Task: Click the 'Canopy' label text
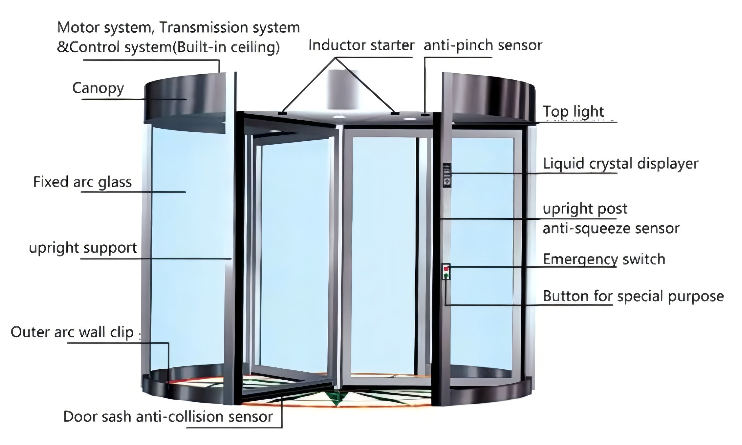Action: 98,88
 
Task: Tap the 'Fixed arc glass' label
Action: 82,182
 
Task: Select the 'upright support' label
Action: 83,248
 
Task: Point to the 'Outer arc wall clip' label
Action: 72,332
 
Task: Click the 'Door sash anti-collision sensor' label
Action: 168,417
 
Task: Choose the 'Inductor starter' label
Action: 361,45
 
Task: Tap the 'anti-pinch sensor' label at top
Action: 483,45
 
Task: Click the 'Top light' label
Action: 573,112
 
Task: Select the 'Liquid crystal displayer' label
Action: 620,164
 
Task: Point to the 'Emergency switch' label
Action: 604,259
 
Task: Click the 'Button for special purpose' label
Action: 633,296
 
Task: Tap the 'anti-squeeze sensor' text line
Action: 611,229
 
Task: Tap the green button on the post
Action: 446,275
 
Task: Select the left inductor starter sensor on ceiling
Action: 282,114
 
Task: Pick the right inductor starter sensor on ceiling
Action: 395,113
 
